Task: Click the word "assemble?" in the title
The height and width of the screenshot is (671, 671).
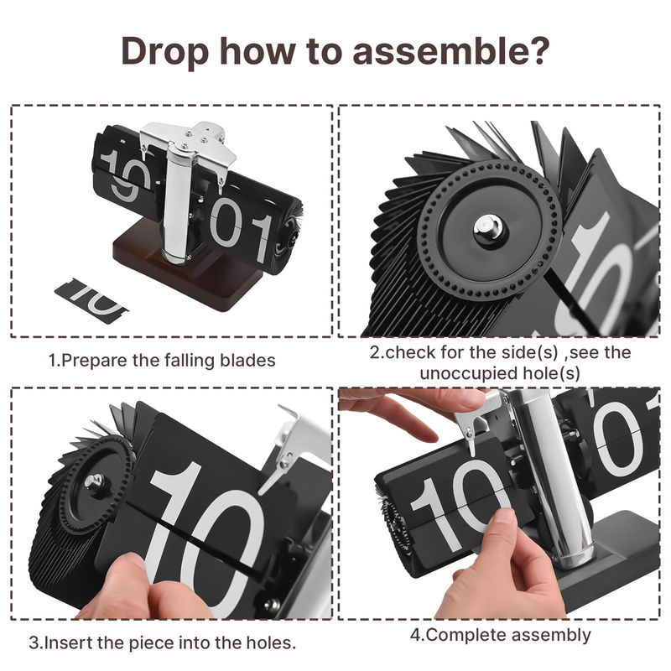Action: click(450, 51)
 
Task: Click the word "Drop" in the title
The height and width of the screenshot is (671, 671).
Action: click(164, 52)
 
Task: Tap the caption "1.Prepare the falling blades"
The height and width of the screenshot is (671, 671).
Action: click(162, 361)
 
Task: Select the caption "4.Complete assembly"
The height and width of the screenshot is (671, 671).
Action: click(500, 635)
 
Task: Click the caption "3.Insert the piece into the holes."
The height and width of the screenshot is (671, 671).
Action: click(163, 642)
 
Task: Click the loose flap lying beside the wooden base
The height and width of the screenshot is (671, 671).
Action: click(91, 301)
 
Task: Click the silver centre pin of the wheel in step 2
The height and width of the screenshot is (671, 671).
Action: click(488, 229)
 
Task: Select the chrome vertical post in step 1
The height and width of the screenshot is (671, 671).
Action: click(177, 201)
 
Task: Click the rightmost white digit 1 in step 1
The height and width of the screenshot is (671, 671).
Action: click(262, 238)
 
